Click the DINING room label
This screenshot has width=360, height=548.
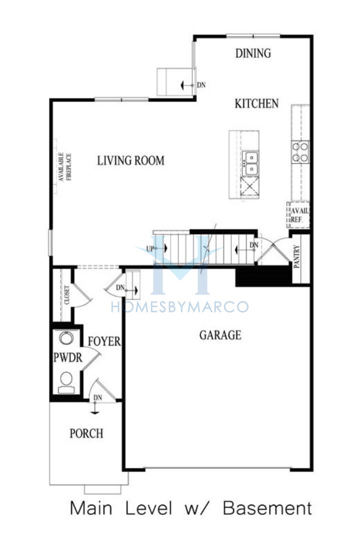(253, 53)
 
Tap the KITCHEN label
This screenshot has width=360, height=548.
(256, 103)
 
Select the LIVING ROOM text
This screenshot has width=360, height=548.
(130, 160)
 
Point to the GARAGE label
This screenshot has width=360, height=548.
(220, 335)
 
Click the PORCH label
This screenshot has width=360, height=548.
(86, 433)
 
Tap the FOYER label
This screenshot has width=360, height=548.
(104, 341)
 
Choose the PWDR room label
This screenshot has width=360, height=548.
(68, 357)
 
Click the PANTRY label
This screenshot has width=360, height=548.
(297, 256)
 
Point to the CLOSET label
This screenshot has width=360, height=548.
(67, 295)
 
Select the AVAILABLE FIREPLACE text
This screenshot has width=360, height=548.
(64, 166)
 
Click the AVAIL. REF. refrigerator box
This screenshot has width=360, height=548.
(298, 215)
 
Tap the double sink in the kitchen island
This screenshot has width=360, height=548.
(250, 163)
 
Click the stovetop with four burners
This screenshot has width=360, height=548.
(300, 152)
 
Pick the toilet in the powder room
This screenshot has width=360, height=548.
(66, 383)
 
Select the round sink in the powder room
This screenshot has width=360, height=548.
(66, 338)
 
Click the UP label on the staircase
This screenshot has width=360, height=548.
(150, 249)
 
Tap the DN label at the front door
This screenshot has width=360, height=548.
(98, 397)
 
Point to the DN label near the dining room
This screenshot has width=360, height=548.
(201, 85)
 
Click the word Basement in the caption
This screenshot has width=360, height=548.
(267, 508)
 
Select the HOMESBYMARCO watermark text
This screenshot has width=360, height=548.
(179, 307)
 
